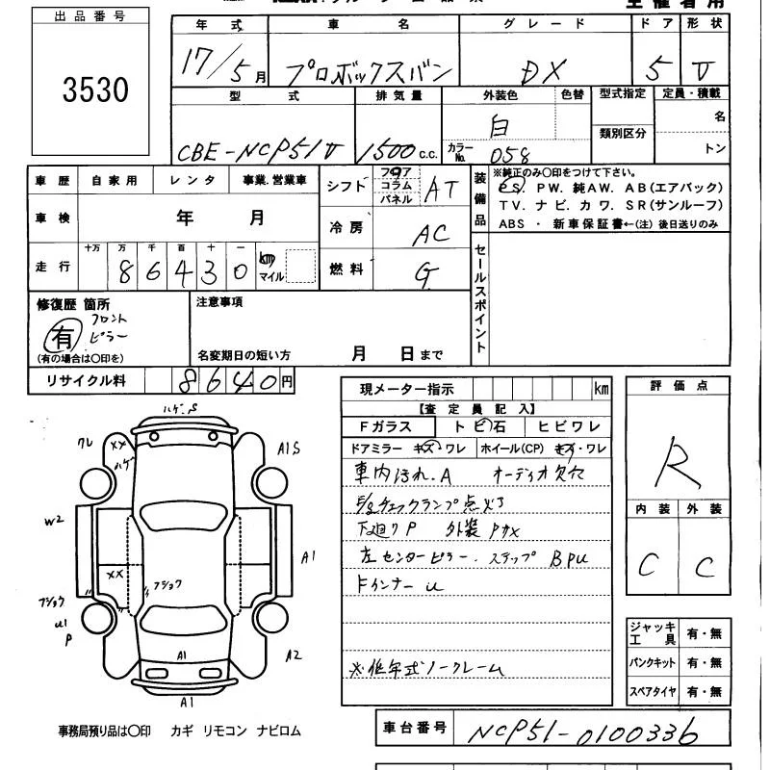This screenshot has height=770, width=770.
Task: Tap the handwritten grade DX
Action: tap(547, 68)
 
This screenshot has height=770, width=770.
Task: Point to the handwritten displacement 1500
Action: tap(390, 151)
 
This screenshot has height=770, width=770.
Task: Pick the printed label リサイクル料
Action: tap(88, 381)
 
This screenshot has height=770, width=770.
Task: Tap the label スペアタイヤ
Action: tap(653, 690)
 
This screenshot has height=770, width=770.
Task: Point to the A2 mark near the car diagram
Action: tap(294, 654)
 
